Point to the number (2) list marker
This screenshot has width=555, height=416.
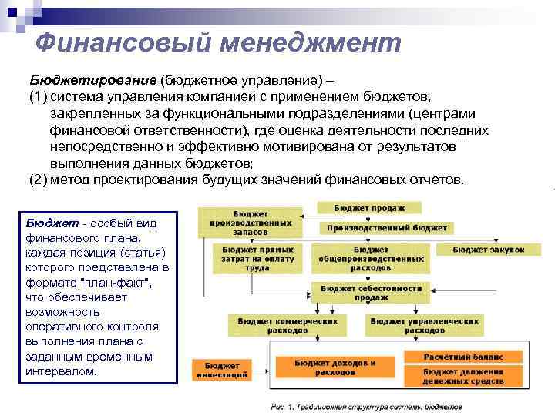(39, 179)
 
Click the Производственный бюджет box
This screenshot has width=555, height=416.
(386, 228)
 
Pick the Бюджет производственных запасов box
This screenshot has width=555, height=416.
(249, 222)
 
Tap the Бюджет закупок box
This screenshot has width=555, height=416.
(489, 250)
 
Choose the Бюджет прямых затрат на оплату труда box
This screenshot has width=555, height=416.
(250, 260)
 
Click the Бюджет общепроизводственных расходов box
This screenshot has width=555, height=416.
(371, 260)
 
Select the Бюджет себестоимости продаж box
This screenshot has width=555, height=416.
(371, 292)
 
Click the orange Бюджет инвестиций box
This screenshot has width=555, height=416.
(222, 369)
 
